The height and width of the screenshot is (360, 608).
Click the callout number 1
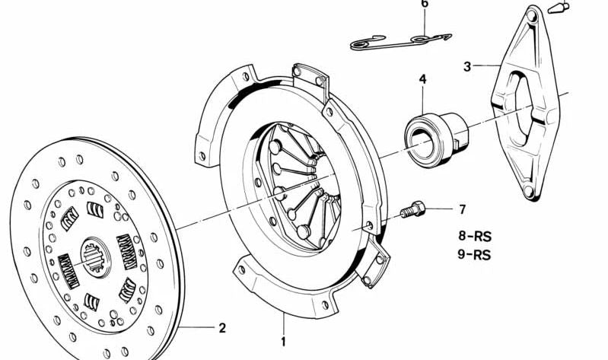coord(283,342)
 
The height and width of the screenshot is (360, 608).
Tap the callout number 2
coord(221,328)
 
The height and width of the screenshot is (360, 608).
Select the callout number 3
coord(467,66)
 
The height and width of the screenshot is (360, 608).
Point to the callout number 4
coord(422,79)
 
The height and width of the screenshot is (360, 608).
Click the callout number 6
coord(425,4)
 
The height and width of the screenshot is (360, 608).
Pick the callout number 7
coord(462,209)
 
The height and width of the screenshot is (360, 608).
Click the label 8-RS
coord(475,236)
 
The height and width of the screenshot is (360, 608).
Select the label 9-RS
coord(474,255)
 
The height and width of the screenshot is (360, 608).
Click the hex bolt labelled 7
coord(412,210)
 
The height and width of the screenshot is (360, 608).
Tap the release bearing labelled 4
coord(436,137)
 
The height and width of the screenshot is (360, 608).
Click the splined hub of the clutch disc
coord(95,256)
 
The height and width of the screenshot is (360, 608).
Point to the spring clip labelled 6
coord(399,42)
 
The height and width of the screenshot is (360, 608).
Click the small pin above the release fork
coord(559,8)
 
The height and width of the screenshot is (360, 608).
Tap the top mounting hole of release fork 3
coord(532,16)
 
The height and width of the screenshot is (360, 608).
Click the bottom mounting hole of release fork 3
coord(528,191)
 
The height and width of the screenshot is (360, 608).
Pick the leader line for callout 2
coord(196,328)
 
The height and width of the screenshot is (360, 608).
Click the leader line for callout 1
coord(283,323)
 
